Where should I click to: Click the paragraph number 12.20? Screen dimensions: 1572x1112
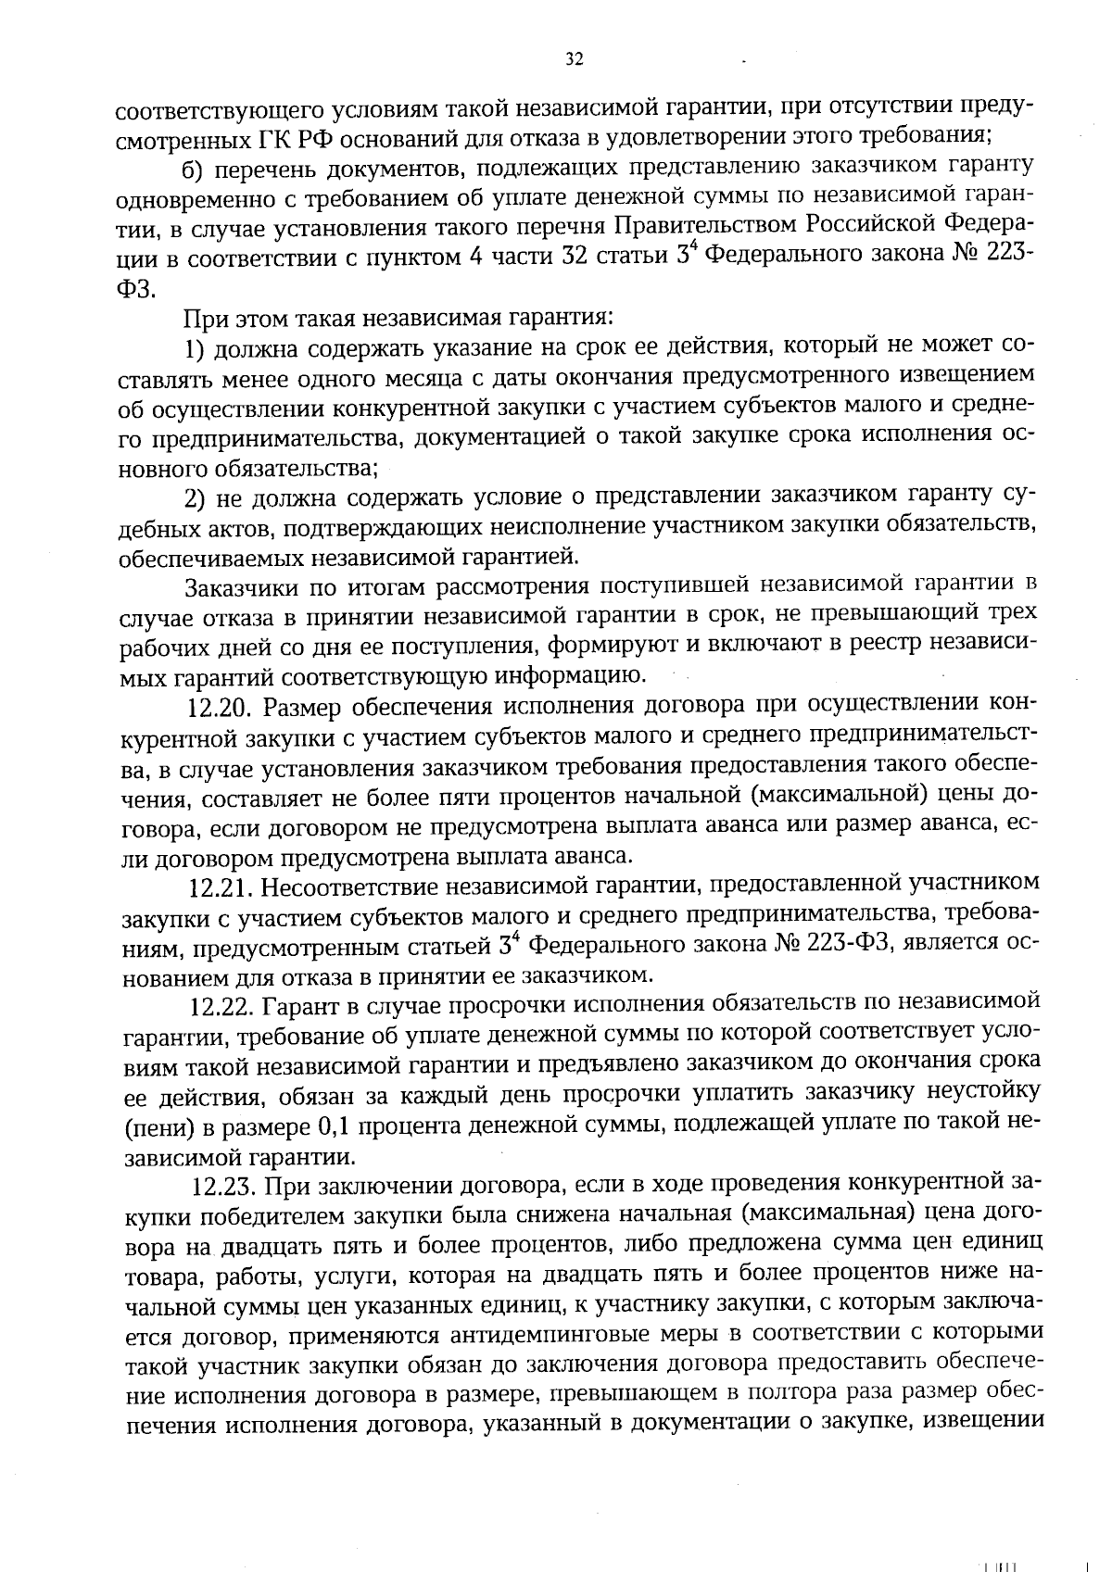click(221, 708)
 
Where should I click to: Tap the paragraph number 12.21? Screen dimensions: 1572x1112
click(221, 887)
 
